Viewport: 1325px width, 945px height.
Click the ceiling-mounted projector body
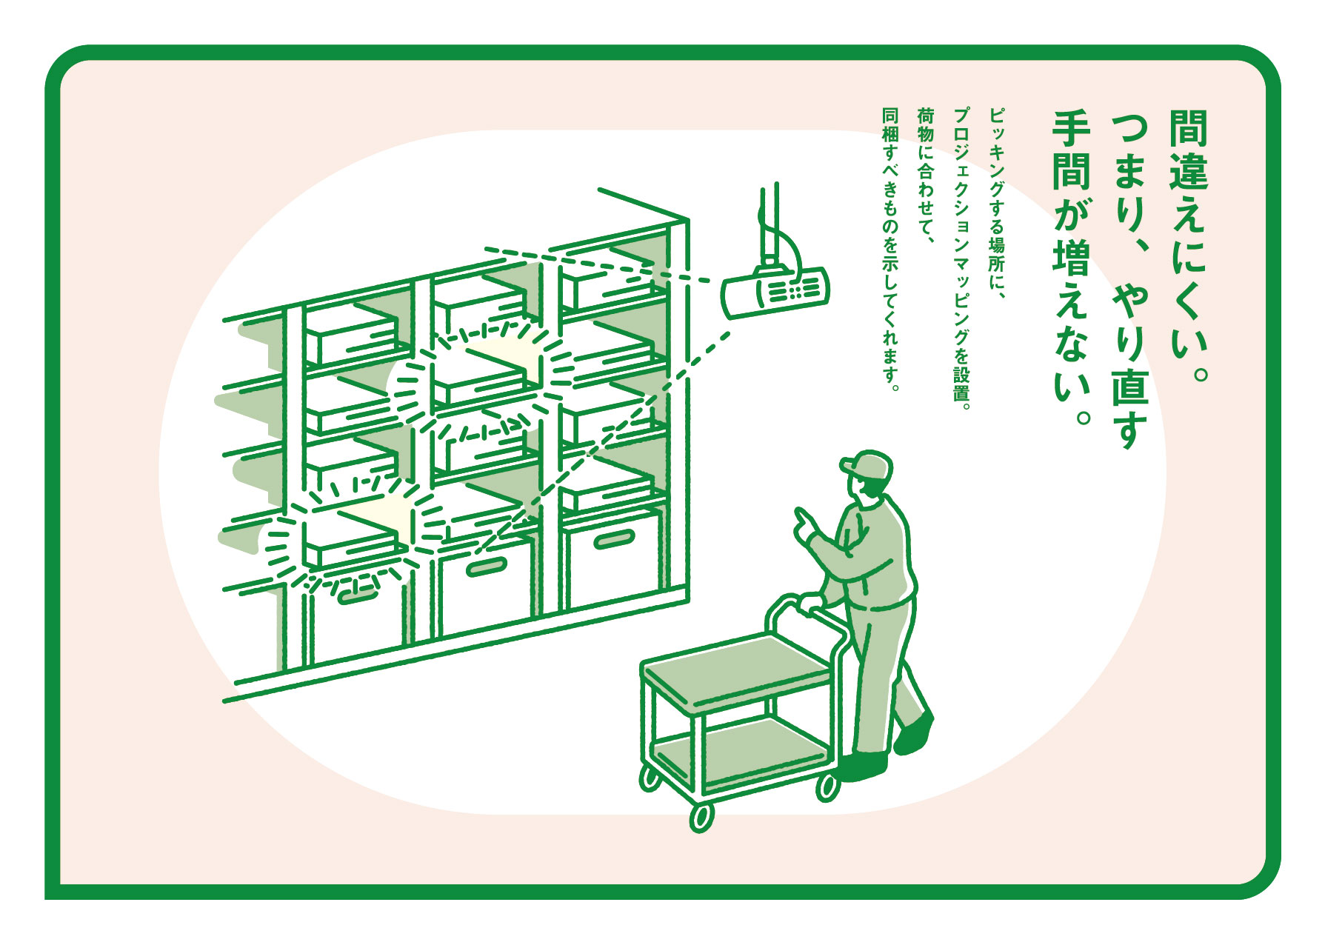point(775,293)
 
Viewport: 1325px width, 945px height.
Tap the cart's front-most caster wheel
point(701,816)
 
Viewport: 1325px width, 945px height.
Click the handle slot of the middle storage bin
point(486,568)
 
